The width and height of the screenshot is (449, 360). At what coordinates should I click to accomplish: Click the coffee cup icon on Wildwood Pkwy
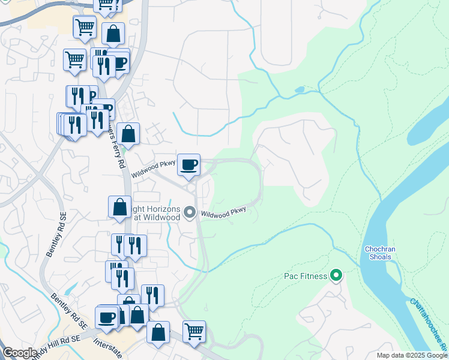[x=189, y=164]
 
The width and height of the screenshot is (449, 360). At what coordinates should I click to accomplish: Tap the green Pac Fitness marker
[x=336, y=276]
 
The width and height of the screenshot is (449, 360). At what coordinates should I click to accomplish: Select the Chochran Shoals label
[x=378, y=253]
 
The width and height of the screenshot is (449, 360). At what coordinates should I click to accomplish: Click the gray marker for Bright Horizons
[x=190, y=212]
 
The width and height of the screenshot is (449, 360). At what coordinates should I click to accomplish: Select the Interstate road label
[x=109, y=349]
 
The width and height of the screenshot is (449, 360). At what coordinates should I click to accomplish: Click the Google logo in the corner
[x=20, y=353]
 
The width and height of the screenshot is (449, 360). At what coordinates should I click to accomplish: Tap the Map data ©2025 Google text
[x=412, y=355]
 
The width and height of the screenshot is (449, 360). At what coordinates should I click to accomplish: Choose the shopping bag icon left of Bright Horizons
[x=120, y=206]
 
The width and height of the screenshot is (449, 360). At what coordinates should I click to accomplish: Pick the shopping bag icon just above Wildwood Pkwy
[x=128, y=133]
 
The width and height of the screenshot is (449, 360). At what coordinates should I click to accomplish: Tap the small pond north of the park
[x=299, y=91]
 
